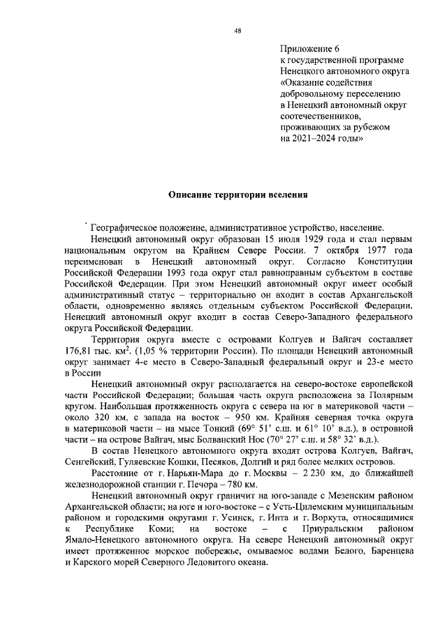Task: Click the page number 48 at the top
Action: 237,30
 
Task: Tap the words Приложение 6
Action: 309,49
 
